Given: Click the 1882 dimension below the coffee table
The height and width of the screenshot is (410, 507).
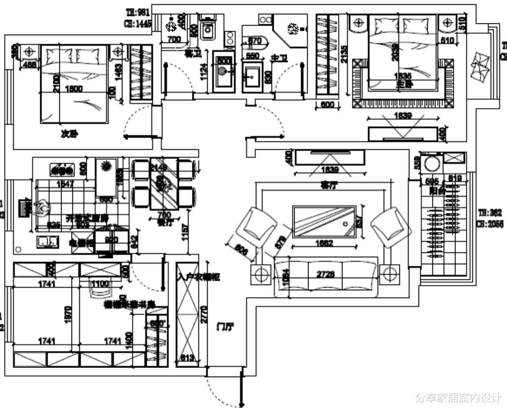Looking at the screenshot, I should click(325, 244).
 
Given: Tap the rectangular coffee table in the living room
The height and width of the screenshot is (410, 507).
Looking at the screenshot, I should click(324, 221).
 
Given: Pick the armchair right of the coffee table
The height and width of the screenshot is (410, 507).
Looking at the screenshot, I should click(390, 226).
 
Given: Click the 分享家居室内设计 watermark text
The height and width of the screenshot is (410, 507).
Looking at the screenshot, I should click(458, 397).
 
